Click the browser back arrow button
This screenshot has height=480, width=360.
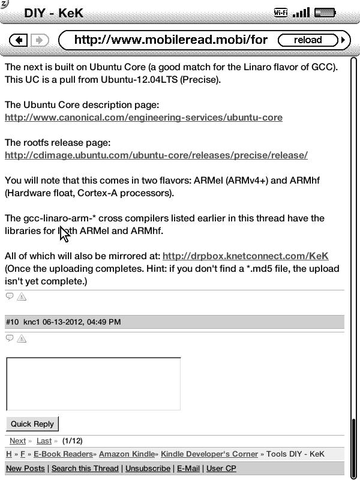coord(19,40)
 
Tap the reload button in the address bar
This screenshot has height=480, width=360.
coord(308,40)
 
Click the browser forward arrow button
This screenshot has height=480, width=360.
coord(39,40)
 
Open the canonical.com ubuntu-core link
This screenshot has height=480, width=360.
coord(143,118)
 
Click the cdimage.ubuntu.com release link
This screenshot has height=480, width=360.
coord(156,155)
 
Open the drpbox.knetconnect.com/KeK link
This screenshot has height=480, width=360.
coord(245,256)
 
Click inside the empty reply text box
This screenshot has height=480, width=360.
coord(93,384)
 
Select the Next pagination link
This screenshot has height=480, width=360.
coord(17,441)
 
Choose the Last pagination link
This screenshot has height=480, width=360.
coord(44,441)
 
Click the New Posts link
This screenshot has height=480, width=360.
coord(25,468)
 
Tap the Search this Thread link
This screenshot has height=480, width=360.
coord(85,468)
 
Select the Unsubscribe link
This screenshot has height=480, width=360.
coord(148,468)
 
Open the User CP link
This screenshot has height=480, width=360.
coord(221,468)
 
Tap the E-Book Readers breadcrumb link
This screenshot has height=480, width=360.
coord(63,454)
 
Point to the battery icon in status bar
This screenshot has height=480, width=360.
coord(325,13)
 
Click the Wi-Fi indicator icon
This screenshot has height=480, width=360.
coord(280,13)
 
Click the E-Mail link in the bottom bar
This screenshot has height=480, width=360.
coord(188,468)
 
